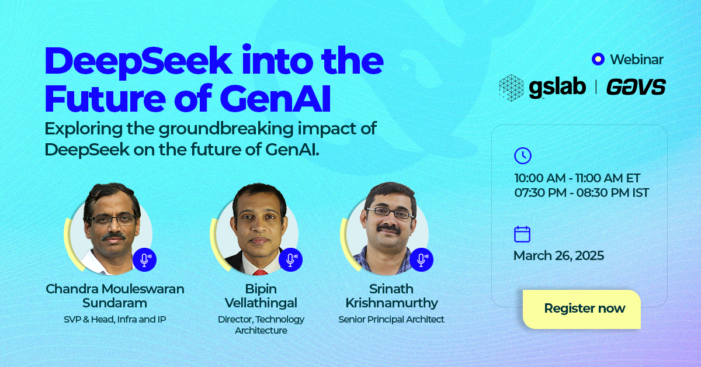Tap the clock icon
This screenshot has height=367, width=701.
tap(522, 155)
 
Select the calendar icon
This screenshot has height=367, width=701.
tap(522, 234)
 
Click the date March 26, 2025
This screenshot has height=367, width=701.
tap(558, 255)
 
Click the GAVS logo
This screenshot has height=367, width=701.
tap(636, 87)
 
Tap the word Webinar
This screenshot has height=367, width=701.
tap(636, 59)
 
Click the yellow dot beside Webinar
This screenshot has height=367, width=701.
tap(597, 59)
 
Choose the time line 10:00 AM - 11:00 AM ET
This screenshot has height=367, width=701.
tap(577, 178)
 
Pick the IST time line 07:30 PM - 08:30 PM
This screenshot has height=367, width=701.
tap(581, 193)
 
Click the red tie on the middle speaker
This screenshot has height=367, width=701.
tap(259, 272)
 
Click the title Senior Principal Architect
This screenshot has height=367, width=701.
tap(391, 320)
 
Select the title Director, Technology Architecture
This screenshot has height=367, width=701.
tap(261, 325)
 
